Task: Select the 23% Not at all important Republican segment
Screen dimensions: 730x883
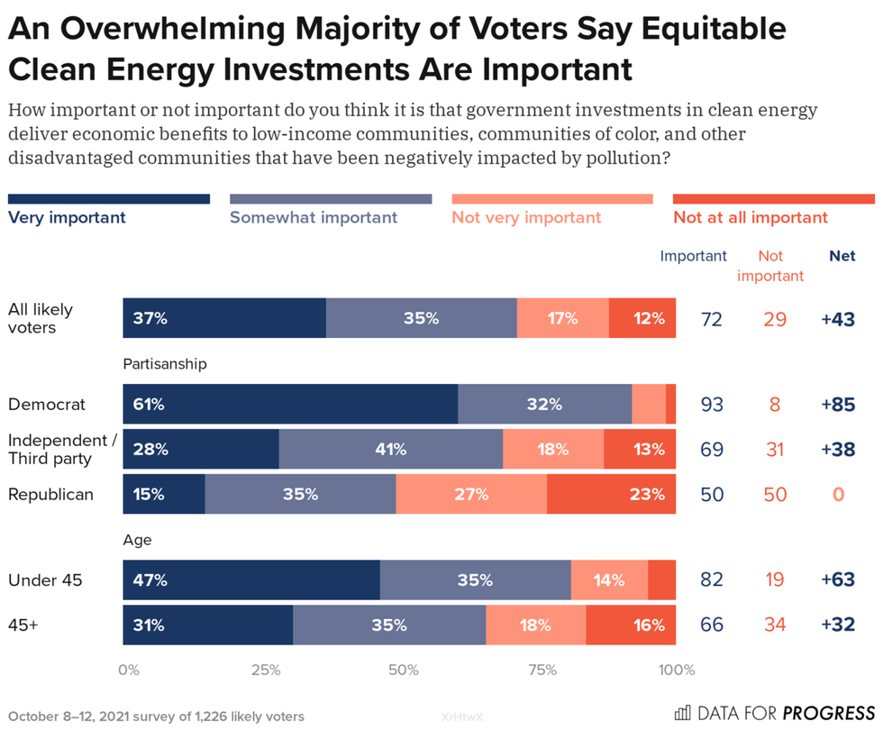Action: tap(611, 494)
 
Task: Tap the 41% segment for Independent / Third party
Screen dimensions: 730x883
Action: tap(391, 449)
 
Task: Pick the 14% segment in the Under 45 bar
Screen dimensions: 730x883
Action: tap(609, 580)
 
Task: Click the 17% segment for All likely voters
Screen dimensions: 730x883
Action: tap(563, 318)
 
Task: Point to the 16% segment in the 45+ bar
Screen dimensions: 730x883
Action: tap(631, 625)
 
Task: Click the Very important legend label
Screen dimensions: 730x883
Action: tap(67, 217)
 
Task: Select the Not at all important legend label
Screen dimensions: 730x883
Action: tap(750, 217)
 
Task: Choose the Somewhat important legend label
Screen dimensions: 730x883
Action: tap(314, 217)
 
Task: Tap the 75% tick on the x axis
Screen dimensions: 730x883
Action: tap(541, 670)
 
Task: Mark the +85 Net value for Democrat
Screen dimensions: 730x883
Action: tap(838, 405)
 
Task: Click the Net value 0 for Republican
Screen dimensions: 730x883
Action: tap(838, 495)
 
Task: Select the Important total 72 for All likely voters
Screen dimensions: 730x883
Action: tap(712, 319)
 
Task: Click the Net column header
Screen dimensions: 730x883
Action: tap(842, 256)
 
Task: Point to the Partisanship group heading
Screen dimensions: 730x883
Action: tap(165, 364)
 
